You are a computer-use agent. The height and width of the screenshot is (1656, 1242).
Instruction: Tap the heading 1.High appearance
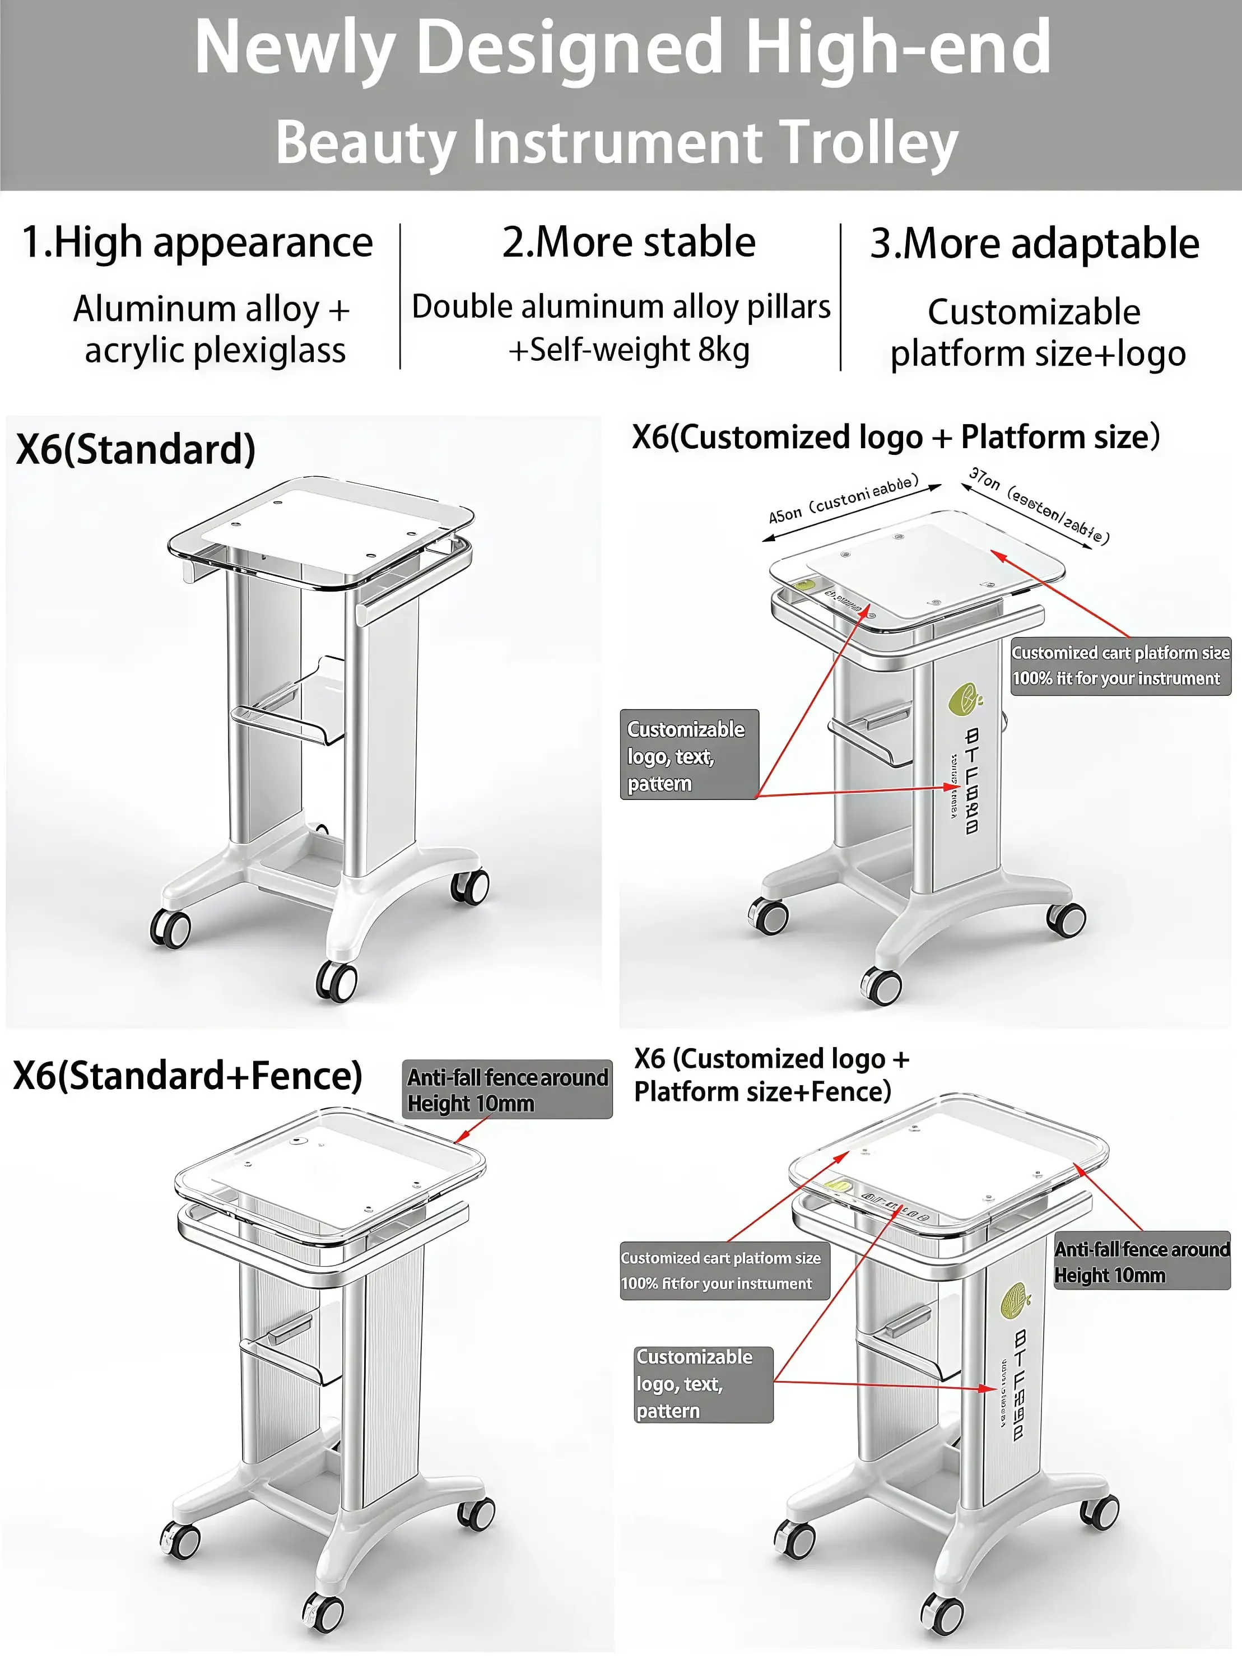coord(197,243)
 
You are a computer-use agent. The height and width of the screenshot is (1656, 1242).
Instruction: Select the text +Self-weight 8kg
coord(629,350)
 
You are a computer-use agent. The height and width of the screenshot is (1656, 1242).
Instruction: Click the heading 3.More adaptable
coord(1035,244)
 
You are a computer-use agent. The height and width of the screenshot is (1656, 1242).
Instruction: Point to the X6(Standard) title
coord(136,450)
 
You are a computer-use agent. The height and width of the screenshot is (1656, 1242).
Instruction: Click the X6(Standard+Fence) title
coord(188,1076)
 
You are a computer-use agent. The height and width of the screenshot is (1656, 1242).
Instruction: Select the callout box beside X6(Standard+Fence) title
coord(507,1089)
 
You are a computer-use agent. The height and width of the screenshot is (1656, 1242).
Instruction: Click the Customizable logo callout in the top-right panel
coord(689,755)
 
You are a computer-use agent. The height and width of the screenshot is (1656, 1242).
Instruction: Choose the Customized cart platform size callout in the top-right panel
coord(1120,666)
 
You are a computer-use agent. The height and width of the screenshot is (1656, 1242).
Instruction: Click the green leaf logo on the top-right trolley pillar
coord(964,700)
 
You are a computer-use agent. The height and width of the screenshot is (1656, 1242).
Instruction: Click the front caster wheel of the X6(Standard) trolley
coord(336,981)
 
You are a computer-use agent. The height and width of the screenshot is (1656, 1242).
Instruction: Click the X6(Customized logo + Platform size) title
coord(895,437)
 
